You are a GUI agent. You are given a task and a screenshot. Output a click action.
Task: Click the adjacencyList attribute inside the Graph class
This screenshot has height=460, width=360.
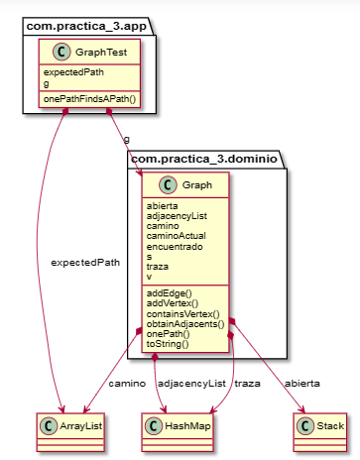point(177,216)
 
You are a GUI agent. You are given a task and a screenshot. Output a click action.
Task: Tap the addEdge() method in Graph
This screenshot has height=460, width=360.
point(170,293)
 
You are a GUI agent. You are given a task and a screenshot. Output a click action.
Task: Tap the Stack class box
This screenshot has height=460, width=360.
point(319,425)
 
